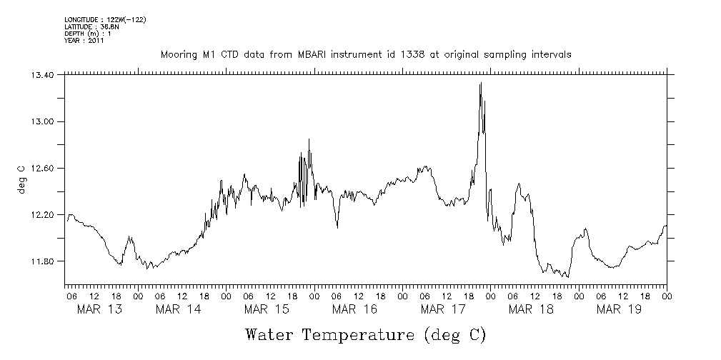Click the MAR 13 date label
click(99, 309)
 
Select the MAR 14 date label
click(178, 309)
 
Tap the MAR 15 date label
click(266, 309)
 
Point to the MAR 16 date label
click(354, 309)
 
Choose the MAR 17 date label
click(443, 309)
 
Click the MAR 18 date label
click(531, 309)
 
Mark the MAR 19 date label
click(619, 309)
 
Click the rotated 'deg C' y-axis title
click(21, 179)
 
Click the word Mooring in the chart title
click(179, 55)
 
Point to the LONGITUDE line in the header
click(105, 20)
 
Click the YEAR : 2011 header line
click(84, 41)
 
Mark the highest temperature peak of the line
click(481, 84)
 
